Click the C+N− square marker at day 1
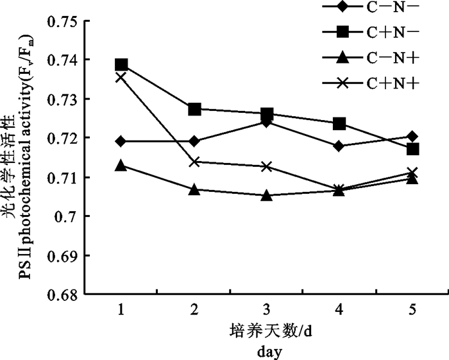point(121,65)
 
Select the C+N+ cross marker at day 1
point(121,77)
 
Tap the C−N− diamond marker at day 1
point(121,141)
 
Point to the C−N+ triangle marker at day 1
point(121,165)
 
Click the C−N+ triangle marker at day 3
point(267,195)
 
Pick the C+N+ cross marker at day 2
point(194,162)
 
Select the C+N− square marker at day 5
point(413,149)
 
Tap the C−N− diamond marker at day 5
point(413,136)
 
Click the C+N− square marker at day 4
point(340,123)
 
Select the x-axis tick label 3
point(267,310)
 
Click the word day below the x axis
point(267,351)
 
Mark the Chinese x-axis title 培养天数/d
point(266,332)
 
